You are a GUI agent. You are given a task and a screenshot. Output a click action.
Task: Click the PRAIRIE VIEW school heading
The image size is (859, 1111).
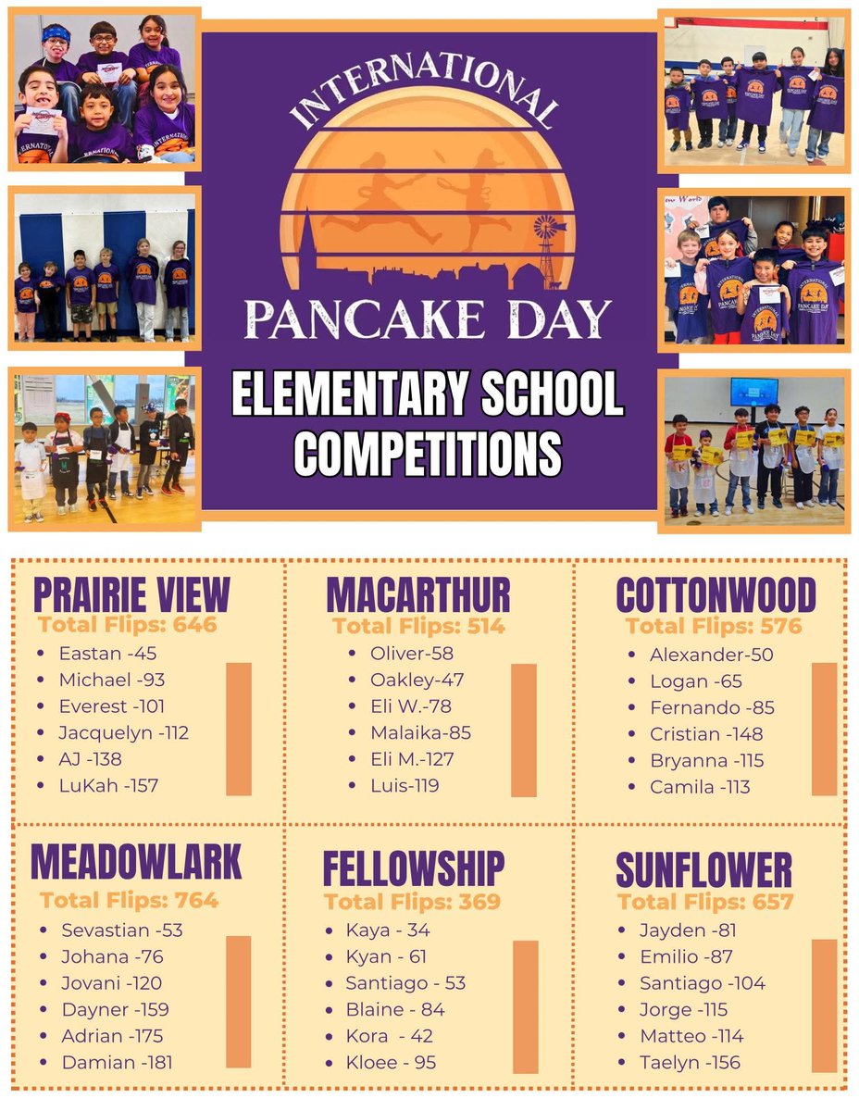[131, 594]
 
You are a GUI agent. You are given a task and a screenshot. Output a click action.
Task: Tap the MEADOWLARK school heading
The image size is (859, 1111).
[136, 861]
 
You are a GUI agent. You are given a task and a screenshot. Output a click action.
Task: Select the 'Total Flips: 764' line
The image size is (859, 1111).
[129, 900]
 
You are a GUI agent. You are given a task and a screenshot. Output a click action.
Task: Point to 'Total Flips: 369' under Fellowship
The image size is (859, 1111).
[412, 902]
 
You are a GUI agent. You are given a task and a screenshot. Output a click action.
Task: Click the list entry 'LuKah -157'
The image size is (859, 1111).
[108, 785]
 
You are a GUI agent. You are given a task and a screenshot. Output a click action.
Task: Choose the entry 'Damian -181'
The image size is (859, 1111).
[117, 1062]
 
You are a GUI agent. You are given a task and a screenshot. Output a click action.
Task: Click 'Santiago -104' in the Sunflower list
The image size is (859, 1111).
[703, 983]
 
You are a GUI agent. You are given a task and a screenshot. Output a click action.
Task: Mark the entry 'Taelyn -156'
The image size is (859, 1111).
[690, 1062]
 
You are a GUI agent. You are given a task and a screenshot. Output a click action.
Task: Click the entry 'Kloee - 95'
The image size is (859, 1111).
[391, 1062]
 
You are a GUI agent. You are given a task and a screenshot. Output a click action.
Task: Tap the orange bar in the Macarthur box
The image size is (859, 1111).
[524, 730]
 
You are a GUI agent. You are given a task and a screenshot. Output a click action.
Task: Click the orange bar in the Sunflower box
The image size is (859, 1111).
[824, 1005]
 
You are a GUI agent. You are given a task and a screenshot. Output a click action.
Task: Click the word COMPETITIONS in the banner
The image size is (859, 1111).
[428, 453]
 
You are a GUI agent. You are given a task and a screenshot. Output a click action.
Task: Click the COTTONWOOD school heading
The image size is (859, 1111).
[716, 595]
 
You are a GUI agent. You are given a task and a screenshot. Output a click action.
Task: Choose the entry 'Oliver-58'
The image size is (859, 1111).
[411, 654]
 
